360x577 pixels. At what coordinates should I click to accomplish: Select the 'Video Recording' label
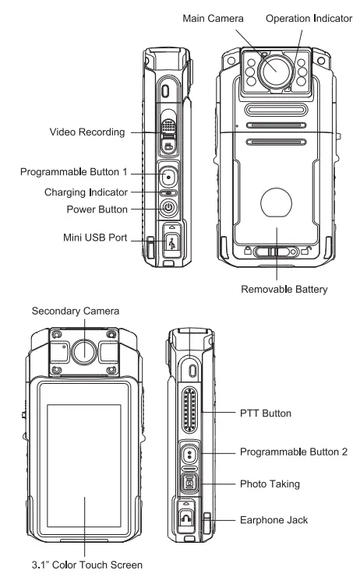coord(85,132)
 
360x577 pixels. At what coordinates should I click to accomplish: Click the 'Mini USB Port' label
coord(93,238)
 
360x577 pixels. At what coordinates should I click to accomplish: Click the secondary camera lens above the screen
coord(83,351)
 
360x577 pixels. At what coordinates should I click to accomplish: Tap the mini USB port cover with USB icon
coord(169,239)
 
